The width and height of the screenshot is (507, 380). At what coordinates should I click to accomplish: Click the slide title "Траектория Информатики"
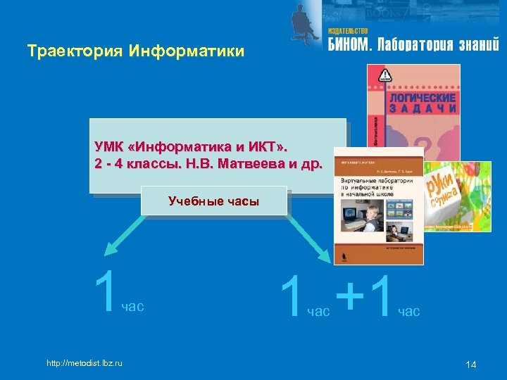click(135, 51)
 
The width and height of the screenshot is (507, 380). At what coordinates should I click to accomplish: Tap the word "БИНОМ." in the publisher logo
click(350, 45)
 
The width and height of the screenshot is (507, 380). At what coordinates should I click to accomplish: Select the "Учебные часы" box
click(214, 201)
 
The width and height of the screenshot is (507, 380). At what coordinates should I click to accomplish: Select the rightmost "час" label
click(408, 310)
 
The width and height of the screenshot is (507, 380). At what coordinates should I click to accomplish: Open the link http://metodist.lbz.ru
click(84, 363)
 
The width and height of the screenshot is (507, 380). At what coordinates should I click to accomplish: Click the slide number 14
click(471, 364)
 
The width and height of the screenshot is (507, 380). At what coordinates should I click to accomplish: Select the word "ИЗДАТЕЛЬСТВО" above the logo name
click(348, 30)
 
